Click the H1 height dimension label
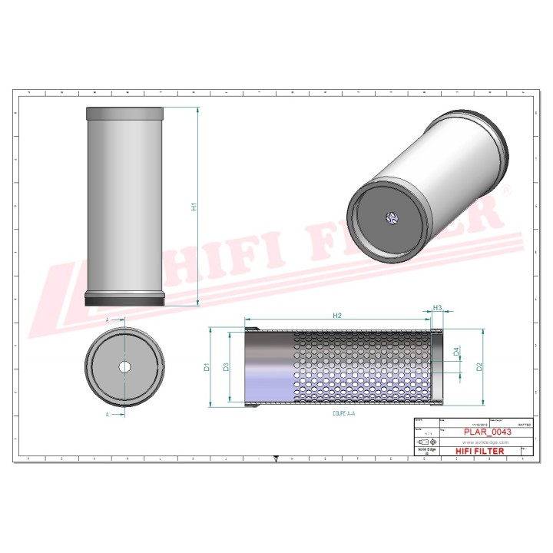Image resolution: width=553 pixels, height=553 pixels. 194,206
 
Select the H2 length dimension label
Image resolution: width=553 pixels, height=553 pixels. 337,316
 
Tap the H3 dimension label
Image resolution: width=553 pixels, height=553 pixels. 438,308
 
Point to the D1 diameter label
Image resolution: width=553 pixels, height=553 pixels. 207,367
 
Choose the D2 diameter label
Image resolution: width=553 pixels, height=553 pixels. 479,366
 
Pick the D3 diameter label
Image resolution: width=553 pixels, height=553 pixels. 226,367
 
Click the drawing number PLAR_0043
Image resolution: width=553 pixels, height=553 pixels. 488,432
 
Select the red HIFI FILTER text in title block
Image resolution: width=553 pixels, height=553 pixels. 480,451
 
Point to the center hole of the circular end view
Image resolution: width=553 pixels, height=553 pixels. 124,367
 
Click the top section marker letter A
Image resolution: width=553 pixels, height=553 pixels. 107,317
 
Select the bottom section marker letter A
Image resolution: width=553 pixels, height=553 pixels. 107,414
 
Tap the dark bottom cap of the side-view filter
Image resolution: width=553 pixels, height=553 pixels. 124,300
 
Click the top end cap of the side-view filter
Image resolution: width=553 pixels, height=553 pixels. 124,113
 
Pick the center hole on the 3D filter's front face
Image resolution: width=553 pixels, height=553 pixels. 389,218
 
